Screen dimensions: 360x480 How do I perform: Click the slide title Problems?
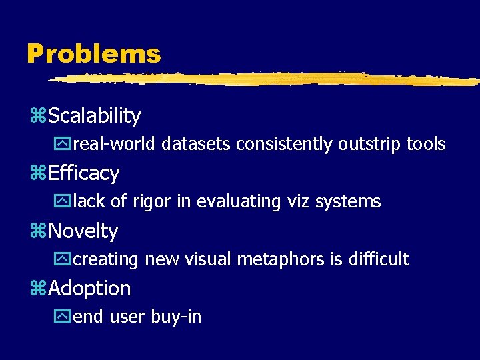click(93, 54)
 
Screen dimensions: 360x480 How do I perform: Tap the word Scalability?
click(95, 116)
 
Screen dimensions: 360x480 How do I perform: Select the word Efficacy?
click(84, 173)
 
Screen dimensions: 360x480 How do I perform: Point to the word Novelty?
click(83, 231)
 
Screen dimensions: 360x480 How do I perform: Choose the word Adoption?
click(89, 289)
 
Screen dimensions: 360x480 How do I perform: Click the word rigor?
click(148, 201)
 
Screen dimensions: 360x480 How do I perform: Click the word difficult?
click(379, 259)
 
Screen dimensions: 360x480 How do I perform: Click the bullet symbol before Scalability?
click(37, 117)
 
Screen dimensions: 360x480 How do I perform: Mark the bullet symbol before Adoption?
click(37, 289)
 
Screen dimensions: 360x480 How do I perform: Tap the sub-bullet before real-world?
click(65, 144)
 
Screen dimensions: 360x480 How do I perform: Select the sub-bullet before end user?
click(65, 317)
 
